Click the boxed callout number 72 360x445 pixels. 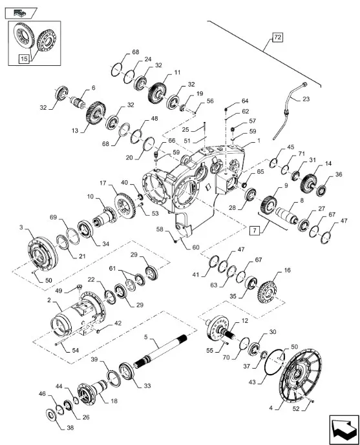(x=277, y=37)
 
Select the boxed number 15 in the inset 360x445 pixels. (x=24, y=59)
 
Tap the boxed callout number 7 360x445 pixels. (x=254, y=231)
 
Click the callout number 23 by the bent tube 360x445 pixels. (x=306, y=99)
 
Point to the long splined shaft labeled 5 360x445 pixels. (x=160, y=351)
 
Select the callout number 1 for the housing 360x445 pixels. (x=259, y=141)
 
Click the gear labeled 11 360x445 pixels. (x=156, y=94)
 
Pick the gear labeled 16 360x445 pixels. (x=268, y=291)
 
